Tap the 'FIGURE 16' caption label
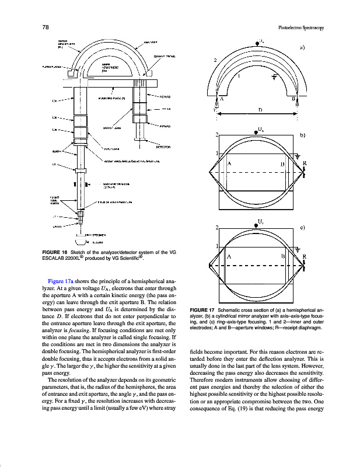tap(55, 252)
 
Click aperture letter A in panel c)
tap(229, 256)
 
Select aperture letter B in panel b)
tap(282, 164)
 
